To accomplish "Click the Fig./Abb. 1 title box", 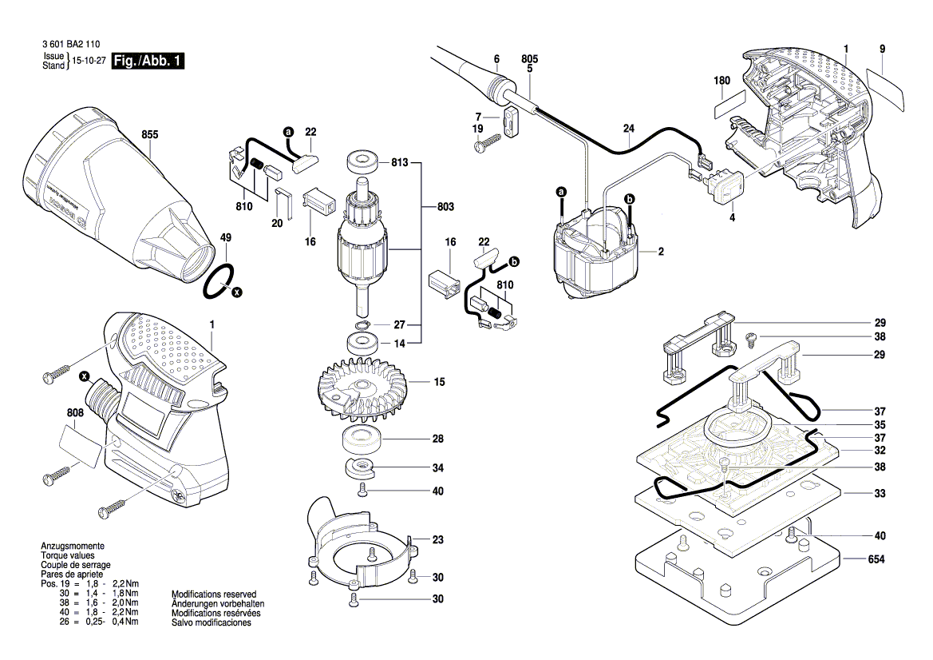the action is click(148, 61).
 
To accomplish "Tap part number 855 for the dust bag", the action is click(150, 134).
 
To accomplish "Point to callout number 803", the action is click(445, 207).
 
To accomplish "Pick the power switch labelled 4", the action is click(728, 188).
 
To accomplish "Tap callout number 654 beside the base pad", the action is click(876, 559).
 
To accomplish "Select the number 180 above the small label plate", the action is click(721, 81).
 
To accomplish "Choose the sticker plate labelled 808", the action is click(81, 446).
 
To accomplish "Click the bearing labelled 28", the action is click(362, 440).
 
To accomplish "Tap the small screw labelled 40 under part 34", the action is click(362, 491).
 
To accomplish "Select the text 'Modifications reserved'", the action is click(214, 594).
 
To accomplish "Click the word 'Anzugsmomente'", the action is click(73, 547).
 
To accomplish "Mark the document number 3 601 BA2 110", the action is click(71, 44).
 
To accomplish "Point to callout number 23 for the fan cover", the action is click(438, 539).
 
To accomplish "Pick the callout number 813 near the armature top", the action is click(399, 162).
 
